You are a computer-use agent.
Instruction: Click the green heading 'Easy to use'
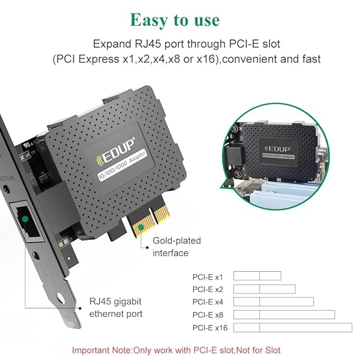coord(175,20)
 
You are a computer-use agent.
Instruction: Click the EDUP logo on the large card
coord(115,152)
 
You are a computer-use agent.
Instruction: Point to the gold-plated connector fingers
coord(149,220)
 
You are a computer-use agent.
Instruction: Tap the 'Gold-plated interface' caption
coord(176,247)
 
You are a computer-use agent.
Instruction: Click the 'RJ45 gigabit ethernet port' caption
coord(116,308)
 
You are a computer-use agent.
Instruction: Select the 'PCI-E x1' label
coord(208,277)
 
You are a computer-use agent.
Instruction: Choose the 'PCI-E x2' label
coord(208,290)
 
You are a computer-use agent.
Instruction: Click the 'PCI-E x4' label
coord(208,302)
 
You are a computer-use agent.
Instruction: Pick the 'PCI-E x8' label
coord(208,315)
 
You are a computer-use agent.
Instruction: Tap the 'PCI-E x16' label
coord(210,328)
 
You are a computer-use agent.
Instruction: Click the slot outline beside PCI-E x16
coord(293,328)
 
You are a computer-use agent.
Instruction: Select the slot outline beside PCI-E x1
coord(257,276)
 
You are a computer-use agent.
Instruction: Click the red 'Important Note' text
coord(176,350)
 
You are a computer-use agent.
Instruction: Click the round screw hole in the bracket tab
coord(60,298)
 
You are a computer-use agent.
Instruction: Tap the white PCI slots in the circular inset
coord(284,193)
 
